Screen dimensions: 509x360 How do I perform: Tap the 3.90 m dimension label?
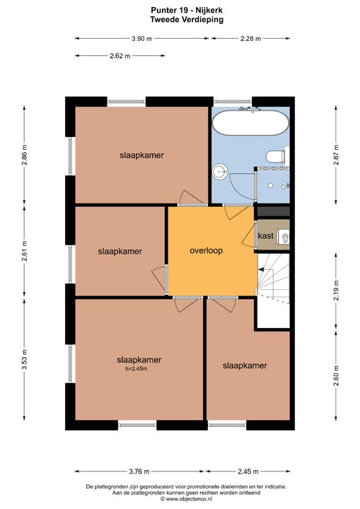pyautogui.click(x=141, y=39)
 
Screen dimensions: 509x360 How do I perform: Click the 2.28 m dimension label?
pyautogui.click(x=250, y=39)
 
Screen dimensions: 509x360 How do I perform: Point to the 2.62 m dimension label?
pyautogui.click(x=120, y=57)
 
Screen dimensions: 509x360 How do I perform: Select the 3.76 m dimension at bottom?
pyautogui.click(x=140, y=472)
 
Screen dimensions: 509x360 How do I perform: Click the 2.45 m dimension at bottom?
pyautogui.click(x=249, y=472)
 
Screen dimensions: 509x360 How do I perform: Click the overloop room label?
pyautogui.click(x=211, y=251)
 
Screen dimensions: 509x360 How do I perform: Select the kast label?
pyautogui.click(x=265, y=235)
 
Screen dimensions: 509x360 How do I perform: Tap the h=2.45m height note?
pyautogui.click(x=139, y=368)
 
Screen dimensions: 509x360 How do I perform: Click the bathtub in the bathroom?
pyautogui.click(x=250, y=125)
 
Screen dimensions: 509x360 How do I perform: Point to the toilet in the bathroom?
pyautogui.click(x=275, y=156)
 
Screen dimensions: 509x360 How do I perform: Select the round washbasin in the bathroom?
pyautogui.click(x=220, y=170)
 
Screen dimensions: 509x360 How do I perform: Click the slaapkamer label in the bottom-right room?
pyautogui.click(x=245, y=365)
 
